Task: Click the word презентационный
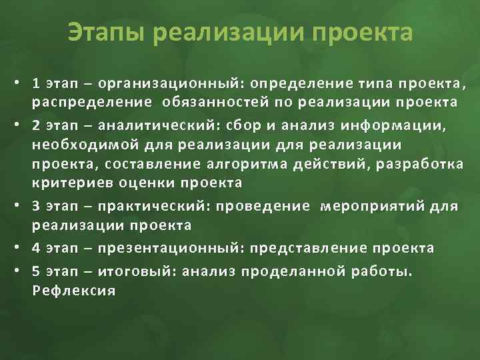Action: (171, 249)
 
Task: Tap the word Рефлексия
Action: (73, 291)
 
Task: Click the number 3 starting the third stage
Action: (36, 207)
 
